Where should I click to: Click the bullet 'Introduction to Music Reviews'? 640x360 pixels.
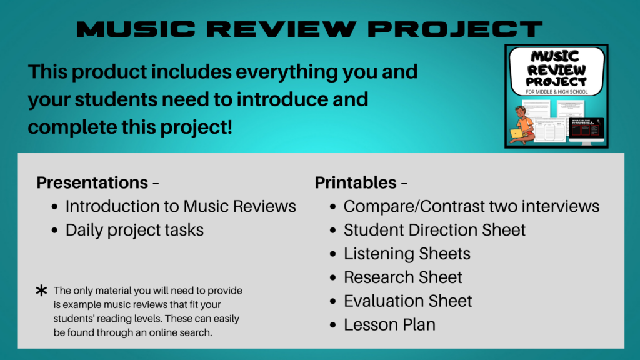181,206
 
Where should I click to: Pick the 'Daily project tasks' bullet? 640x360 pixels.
134,230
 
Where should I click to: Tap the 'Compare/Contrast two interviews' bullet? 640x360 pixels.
471,206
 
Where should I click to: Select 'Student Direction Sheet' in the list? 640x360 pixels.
434,230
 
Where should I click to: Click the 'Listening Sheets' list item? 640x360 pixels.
407,254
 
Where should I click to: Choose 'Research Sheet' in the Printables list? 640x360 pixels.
403,277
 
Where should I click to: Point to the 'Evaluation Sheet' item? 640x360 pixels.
407,301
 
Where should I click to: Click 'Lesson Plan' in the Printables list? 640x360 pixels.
389,325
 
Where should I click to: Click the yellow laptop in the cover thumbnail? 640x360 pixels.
517,133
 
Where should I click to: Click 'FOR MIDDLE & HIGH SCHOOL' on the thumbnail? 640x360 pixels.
556,92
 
